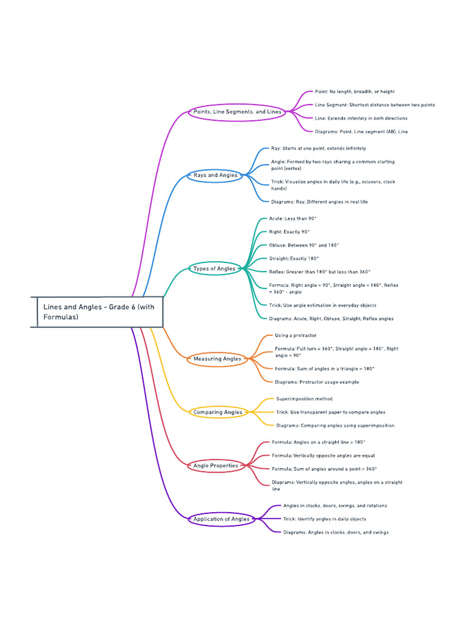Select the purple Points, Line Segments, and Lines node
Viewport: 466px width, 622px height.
click(237, 112)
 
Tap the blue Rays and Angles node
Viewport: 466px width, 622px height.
click(215, 175)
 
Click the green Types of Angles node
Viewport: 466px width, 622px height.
click(214, 268)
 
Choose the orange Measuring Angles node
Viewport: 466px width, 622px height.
click(217, 359)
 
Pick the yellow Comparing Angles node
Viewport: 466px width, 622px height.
click(217, 412)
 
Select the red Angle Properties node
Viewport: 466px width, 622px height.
click(215, 466)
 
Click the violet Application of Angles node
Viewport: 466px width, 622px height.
click(221, 519)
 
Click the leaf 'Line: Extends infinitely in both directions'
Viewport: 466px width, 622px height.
click(361, 118)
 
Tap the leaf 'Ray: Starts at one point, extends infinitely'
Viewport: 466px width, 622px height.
click(319, 148)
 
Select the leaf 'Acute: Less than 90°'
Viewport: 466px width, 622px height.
click(293, 219)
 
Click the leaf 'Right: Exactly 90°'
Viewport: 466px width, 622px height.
click(289, 232)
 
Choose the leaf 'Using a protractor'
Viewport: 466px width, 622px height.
click(295, 335)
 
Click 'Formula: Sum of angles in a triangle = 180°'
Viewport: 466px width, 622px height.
click(325, 369)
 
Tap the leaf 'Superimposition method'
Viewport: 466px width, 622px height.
click(304, 399)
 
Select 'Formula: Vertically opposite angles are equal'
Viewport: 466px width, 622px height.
click(323, 456)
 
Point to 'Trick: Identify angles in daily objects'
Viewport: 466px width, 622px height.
click(325, 519)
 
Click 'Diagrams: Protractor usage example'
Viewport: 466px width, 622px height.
click(317, 382)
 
